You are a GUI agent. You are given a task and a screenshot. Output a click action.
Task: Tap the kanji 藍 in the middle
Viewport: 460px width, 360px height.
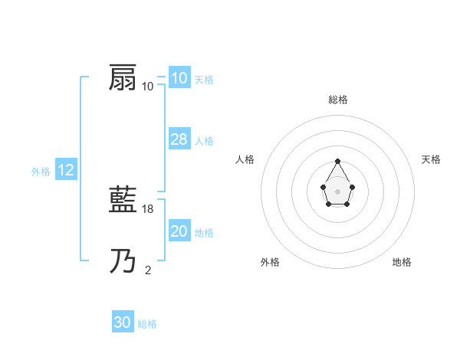pyautogui.click(x=123, y=201)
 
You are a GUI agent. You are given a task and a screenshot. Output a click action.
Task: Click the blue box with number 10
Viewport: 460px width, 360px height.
pyautogui.click(x=179, y=78)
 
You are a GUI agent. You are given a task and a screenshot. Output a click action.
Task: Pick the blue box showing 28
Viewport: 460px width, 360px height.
pyautogui.click(x=179, y=139)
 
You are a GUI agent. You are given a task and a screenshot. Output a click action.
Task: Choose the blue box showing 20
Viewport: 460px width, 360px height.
pyautogui.click(x=179, y=231)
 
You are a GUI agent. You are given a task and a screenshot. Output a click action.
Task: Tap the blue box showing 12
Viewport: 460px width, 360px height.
pyautogui.click(x=66, y=171)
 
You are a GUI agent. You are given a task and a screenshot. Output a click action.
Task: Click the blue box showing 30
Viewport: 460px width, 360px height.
pyautogui.click(x=123, y=323)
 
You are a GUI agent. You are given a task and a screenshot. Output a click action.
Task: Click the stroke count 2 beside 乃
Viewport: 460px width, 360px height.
pyautogui.click(x=148, y=270)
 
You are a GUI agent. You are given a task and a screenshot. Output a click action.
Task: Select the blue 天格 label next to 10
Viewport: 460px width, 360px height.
pyautogui.click(x=204, y=80)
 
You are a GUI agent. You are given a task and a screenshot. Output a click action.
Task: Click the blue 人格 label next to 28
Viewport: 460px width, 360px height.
pyautogui.click(x=204, y=141)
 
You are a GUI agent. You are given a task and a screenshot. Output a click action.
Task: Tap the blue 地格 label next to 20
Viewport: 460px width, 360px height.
pyautogui.click(x=204, y=233)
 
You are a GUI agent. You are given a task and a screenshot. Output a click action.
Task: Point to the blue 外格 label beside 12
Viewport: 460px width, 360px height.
pyautogui.click(x=41, y=172)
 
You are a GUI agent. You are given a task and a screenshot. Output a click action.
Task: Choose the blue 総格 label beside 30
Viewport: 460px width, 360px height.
pyautogui.click(x=147, y=325)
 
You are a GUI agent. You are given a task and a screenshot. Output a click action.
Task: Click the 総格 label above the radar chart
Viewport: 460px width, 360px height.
pyautogui.click(x=337, y=100)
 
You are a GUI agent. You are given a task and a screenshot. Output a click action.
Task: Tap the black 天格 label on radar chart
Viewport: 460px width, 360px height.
pyautogui.click(x=431, y=159)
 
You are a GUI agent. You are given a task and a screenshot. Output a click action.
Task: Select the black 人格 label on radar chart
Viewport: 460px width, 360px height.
pyautogui.click(x=245, y=159)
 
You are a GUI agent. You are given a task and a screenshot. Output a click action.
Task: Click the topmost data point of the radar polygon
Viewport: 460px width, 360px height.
pyautogui.click(x=337, y=162)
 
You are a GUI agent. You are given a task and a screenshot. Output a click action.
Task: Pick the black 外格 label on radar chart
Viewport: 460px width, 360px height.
pyautogui.click(x=270, y=263)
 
